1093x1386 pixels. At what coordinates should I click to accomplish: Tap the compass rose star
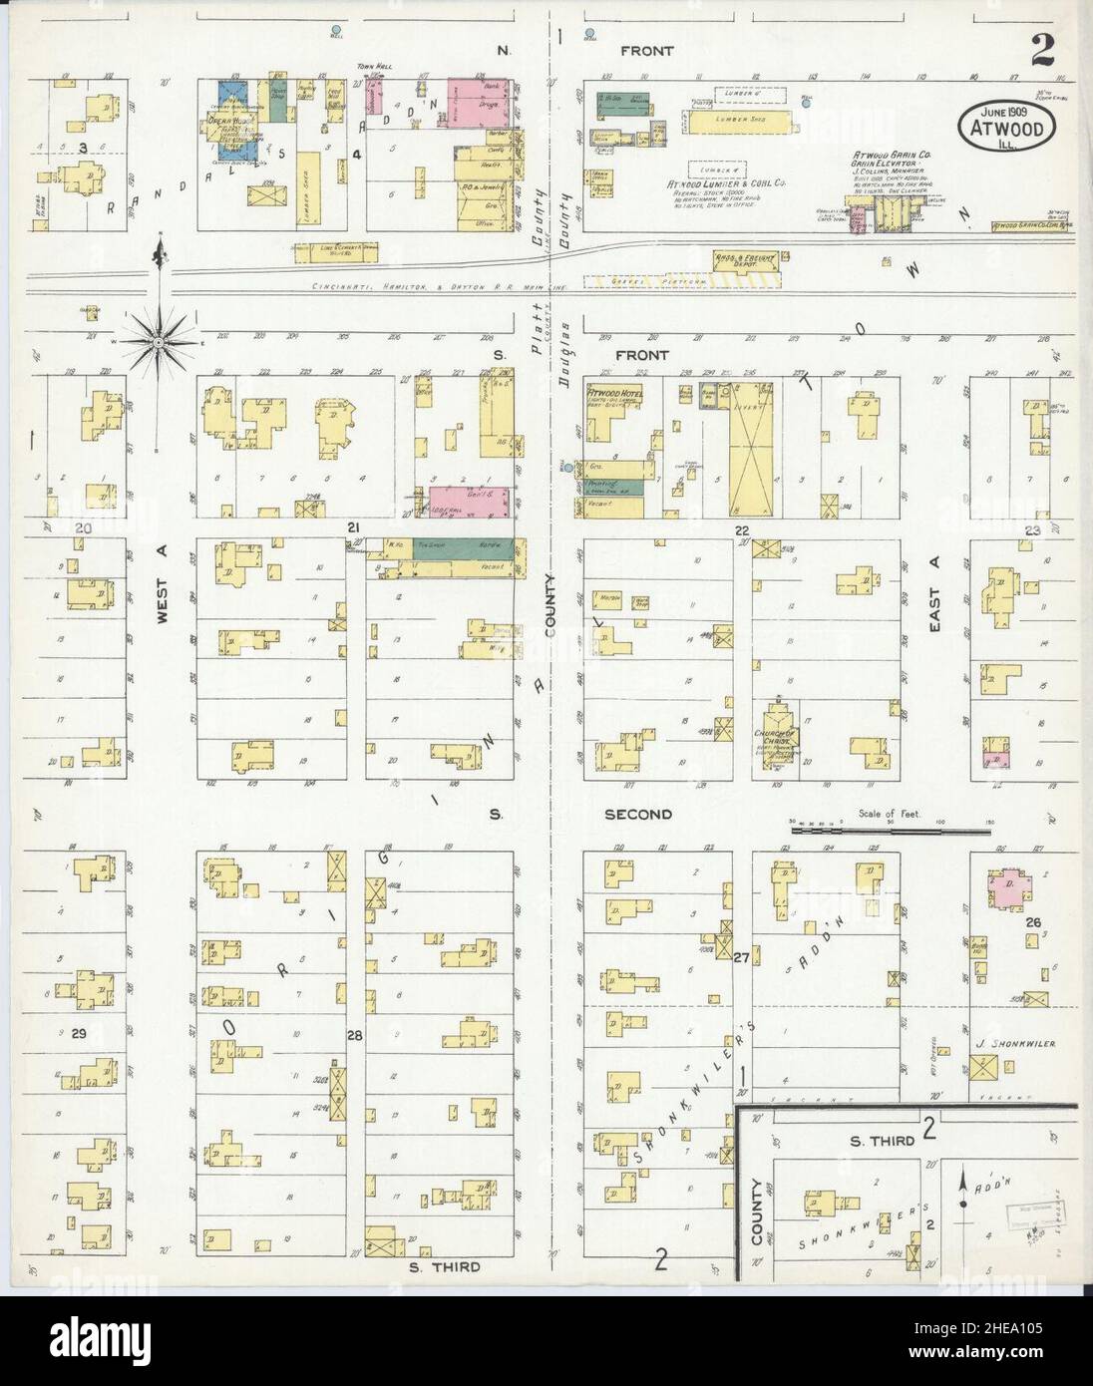tap(160, 340)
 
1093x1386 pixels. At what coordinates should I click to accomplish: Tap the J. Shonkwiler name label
tap(1016, 1044)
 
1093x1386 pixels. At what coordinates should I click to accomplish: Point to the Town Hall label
tap(376, 67)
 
